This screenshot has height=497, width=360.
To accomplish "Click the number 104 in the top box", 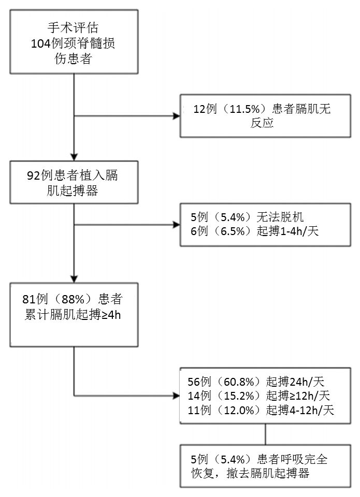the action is pyautogui.click(x=40, y=43).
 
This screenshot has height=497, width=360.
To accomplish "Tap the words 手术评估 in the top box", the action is pyautogui.click(x=73, y=27).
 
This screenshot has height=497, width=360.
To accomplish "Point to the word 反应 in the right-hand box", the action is pyautogui.click(x=262, y=123).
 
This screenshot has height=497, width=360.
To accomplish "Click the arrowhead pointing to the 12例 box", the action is pyautogui.click(x=176, y=116).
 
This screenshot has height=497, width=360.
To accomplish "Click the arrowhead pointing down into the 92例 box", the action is pyautogui.click(x=74, y=157).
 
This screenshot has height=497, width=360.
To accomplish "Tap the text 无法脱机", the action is pyautogui.click(x=280, y=217).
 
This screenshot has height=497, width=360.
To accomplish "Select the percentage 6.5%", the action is pyautogui.click(x=233, y=231).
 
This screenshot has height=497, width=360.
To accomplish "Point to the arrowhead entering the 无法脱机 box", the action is pyautogui.click(x=176, y=225).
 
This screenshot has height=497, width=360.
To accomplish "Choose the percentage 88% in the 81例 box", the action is pyautogui.click(x=73, y=299).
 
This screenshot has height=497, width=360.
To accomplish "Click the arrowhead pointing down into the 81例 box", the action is pyautogui.click(x=74, y=279).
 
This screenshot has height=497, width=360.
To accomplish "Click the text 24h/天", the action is pyautogui.click(x=307, y=382).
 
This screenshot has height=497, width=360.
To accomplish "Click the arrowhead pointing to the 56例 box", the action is pyautogui.click(x=176, y=396).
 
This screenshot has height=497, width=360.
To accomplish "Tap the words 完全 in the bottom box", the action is pyautogui.click(x=315, y=459).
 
